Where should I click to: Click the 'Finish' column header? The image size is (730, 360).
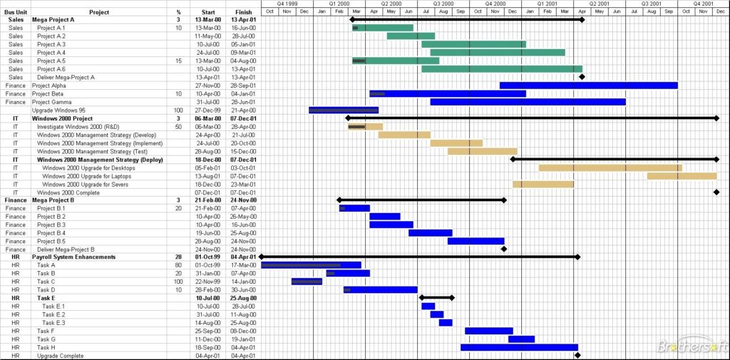click(x=243, y=12)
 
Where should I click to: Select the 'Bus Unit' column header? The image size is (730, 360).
click(x=16, y=12)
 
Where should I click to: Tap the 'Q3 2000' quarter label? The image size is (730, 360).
click(x=434, y=4)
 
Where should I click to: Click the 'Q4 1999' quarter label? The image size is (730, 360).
click(x=287, y=4)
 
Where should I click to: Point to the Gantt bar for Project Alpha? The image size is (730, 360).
click(x=588, y=86)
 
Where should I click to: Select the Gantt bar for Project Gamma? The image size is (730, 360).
click(x=528, y=102)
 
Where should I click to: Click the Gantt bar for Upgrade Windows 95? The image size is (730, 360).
click(x=343, y=110)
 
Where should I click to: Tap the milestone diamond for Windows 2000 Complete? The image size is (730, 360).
click(x=716, y=192)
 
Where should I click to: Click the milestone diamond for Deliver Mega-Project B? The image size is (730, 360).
click(x=504, y=250)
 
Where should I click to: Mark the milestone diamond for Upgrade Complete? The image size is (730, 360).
click(x=577, y=355)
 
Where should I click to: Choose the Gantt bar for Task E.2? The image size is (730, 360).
click(x=437, y=314)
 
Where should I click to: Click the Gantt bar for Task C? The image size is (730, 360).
click(x=307, y=282)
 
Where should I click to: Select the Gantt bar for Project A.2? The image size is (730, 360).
click(x=411, y=36)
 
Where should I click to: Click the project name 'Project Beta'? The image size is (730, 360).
click(x=48, y=94)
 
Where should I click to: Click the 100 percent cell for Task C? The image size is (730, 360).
click(x=178, y=282)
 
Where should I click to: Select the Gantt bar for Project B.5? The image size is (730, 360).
click(x=475, y=241)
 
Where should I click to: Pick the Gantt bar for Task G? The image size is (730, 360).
click(x=521, y=339)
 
